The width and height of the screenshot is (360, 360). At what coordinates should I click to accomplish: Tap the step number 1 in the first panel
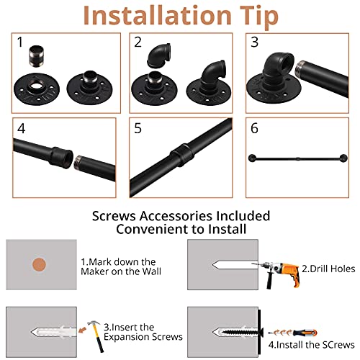point(20,42)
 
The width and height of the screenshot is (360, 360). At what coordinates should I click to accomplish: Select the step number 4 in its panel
point(21,128)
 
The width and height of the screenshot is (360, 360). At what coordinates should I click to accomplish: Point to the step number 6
point(254,128)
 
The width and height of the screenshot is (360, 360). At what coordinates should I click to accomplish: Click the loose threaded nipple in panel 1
point(36,56)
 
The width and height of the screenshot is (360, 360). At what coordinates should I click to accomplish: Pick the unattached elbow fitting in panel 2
point(158,55)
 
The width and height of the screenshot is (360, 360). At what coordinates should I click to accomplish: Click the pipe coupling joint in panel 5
point(182,155)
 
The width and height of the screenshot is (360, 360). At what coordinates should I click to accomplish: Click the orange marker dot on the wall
point(39,265)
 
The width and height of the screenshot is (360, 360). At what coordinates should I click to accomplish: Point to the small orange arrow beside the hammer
point(82,330)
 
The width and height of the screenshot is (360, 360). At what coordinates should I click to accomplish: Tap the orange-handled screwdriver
point(293,333)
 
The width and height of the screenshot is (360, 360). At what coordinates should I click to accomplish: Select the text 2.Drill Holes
point(328,269)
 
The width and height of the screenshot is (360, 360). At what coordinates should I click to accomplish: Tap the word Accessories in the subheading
point(176,216)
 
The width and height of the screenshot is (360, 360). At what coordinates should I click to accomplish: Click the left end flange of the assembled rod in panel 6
point(253,158)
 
